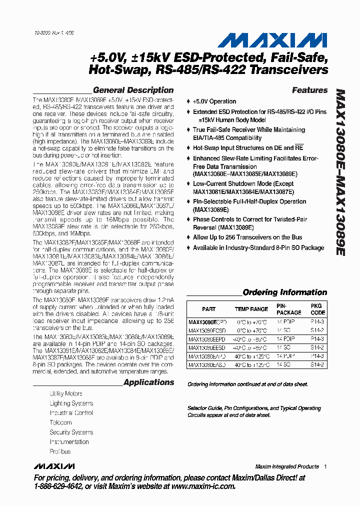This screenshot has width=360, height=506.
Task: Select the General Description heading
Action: pos(133,90)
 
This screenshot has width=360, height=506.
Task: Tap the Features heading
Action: pos(309,90)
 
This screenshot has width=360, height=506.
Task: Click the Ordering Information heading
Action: pos(284,292)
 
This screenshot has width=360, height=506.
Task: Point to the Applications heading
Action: pos(148,382)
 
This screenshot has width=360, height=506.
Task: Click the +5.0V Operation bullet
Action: pos(214,101)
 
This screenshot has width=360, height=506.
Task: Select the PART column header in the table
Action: pos(209,309)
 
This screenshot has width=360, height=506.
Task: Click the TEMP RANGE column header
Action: pos(251,309)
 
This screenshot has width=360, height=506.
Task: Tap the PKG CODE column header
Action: pos(317,309)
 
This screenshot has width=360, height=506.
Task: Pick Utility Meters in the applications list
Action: pos(66,393)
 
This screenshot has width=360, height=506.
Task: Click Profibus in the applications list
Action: pos(60,451)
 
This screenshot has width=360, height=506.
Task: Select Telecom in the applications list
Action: pos(60,422)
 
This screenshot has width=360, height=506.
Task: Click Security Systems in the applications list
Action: pos(71,432)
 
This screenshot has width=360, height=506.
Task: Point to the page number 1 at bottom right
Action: pos(325,466)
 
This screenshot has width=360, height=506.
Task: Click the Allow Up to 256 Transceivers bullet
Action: pos(247,237)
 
